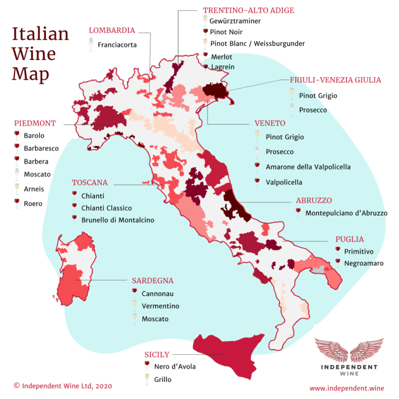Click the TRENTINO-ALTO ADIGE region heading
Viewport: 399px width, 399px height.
(x=248, y=10)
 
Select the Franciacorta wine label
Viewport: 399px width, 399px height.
(x=117, y=45)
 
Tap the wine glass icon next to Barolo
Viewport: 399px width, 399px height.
(x=17, y=136)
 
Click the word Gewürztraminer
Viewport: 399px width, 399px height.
(x=235, y=21)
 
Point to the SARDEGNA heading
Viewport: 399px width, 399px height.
(x=153, y=281)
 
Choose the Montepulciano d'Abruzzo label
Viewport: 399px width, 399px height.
(x=346, y=213)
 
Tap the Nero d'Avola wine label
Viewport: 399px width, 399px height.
(x=175, y=367)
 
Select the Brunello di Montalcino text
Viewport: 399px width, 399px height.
(x=117, y=220)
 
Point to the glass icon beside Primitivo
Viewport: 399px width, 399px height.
(x=338, y=250)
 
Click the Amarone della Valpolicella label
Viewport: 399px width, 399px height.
(x=308, y=167)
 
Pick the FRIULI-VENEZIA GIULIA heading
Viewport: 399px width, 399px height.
(x=335, y=80)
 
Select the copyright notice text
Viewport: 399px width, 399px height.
(x=62, y=386)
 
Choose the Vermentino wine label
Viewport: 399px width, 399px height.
(x=160, y=307)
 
